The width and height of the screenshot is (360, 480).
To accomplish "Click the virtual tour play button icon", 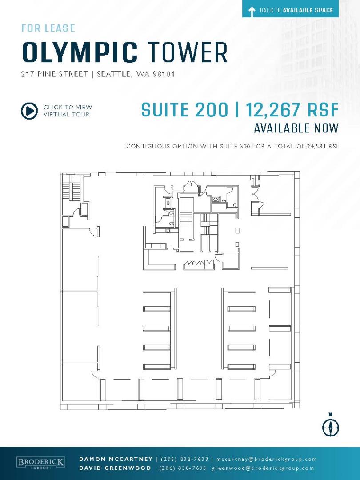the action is pos(29,111).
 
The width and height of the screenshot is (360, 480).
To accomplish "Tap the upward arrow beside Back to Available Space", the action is pos(252,11).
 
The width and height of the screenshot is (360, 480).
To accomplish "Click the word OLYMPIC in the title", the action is pos(80,53).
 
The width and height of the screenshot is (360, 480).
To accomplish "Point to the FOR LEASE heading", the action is pos(48,28).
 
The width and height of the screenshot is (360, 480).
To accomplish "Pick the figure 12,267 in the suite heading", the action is pos(273,110).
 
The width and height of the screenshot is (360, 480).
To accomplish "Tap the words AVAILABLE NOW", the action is pos(296,128).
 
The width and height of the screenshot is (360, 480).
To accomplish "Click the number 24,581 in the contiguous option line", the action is pos(316,146).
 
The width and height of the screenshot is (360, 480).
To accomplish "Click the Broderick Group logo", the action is pos(40,463).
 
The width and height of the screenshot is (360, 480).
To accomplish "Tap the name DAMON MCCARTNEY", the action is pos(116,459).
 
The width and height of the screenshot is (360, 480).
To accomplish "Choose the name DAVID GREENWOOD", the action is pos(115,468).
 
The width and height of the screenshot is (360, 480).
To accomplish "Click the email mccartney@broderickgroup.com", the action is pos(266,459).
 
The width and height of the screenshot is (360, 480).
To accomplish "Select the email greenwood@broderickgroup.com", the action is pos(263,468).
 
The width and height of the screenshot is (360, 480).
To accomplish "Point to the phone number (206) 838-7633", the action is pos(184,459).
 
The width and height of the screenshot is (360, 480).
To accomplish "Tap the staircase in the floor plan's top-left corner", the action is pos(71,190).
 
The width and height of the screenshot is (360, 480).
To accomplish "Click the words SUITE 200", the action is pos(185,110).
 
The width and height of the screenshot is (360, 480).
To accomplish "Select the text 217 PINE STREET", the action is pos(55,74).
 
